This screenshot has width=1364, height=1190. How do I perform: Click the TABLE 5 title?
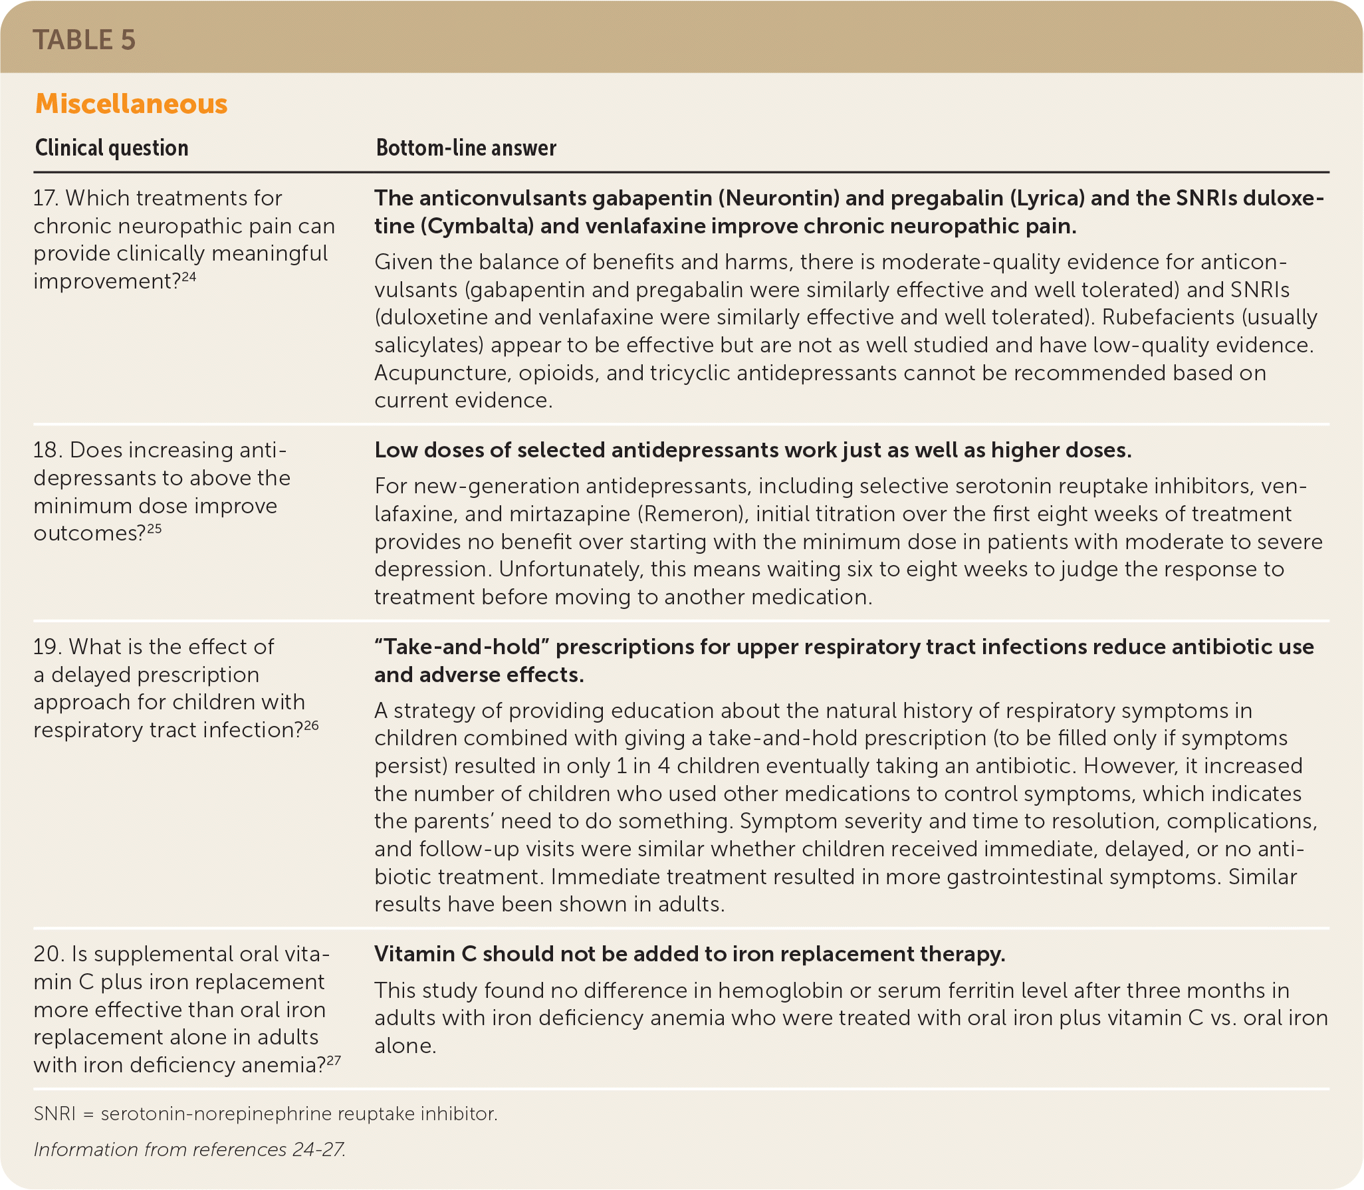tap(84, 40)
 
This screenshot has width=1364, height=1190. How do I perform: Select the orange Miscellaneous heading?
tap(131, 104)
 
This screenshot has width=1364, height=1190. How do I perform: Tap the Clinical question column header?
tap(112, 148)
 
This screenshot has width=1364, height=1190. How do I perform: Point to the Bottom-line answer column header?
tap(466, 148)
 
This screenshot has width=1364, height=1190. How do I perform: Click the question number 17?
tap(45, 198)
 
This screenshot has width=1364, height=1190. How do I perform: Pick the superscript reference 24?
tap(189, 277)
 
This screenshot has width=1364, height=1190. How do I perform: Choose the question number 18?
tap(47, 450)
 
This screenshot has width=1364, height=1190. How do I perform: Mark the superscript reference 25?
tap(154, 529)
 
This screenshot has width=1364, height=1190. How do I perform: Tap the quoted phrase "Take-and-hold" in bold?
tap(461, 647)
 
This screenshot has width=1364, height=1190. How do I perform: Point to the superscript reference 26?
tap(311, 725)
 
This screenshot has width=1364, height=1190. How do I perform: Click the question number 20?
tap(48, 954)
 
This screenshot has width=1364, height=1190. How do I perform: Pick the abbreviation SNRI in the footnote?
tap(55, 1114)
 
